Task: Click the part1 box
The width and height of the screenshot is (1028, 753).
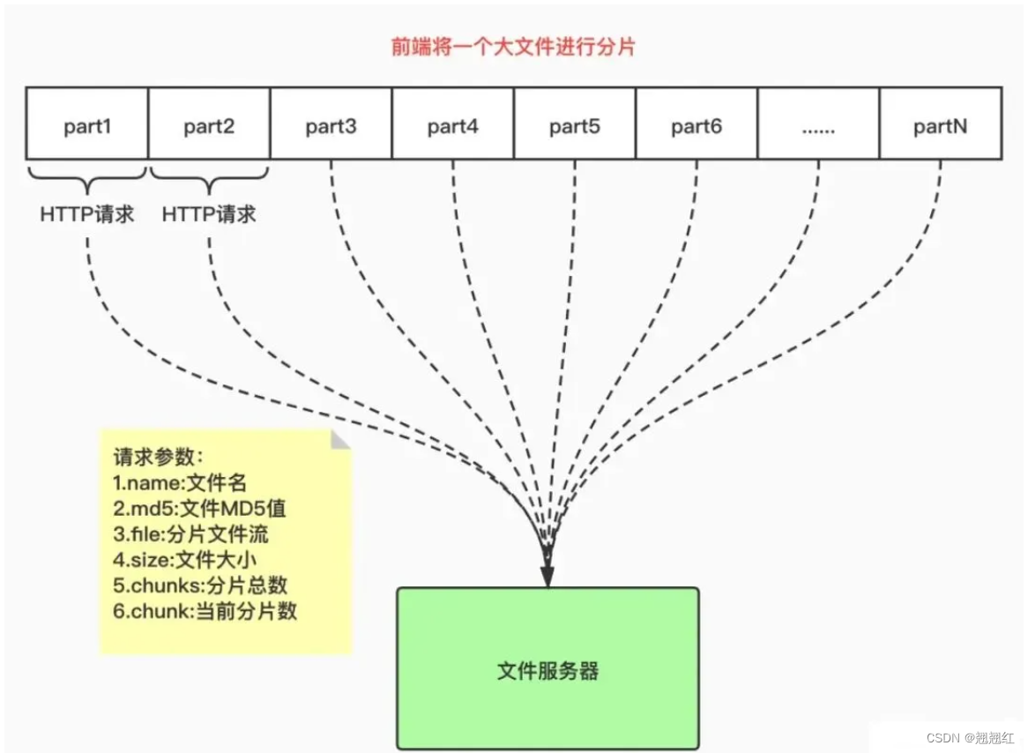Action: coord(87,123)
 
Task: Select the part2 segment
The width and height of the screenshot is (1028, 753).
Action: coord(209,123)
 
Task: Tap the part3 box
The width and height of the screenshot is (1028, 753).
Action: coord(331,123)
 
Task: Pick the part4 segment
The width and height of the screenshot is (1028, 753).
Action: coord(452,123)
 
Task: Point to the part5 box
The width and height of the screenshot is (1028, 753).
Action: coord(574,123)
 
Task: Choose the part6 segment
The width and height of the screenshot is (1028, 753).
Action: coord(697,123)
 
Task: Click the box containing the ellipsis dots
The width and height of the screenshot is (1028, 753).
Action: coord(818,123)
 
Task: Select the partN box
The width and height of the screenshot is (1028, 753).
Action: coord(940,123)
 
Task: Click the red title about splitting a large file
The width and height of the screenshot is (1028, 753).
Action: coord(513,47)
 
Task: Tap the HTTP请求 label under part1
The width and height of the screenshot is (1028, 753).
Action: coord(87,214)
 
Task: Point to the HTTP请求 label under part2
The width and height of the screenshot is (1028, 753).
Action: coord(209,214)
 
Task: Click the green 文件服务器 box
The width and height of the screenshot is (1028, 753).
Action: coord(548,671)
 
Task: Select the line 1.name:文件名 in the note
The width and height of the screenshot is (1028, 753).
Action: coord(180,482)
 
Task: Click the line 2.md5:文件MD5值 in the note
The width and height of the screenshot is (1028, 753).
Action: coord(199,508)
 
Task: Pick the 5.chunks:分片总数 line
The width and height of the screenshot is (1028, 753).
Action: coord(200,585)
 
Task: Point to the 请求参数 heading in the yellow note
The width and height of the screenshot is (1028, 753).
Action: coord(159,457)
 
